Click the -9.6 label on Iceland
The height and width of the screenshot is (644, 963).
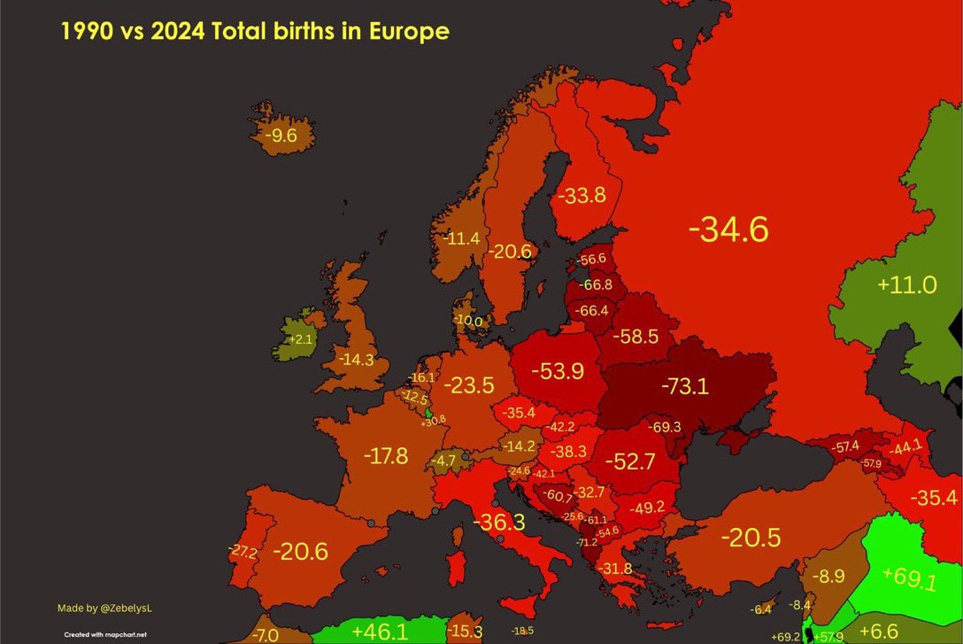[278, 136]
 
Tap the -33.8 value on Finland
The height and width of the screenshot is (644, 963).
[581, 195]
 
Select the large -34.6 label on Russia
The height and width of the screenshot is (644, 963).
[728, 229]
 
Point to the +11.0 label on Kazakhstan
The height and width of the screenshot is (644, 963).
[906, 285]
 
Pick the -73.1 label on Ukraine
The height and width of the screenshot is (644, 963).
[684, 386]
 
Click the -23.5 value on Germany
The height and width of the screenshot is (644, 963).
[468, 385]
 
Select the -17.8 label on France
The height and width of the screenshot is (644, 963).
[386, 456]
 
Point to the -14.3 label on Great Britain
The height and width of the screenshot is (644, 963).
[355, 361]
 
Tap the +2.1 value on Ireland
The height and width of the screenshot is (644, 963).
[301, 339]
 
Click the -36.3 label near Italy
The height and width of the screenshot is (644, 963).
[499, 522]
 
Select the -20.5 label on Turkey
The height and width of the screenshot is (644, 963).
[751, 537]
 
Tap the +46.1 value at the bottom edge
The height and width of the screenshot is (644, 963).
[380, 632]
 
